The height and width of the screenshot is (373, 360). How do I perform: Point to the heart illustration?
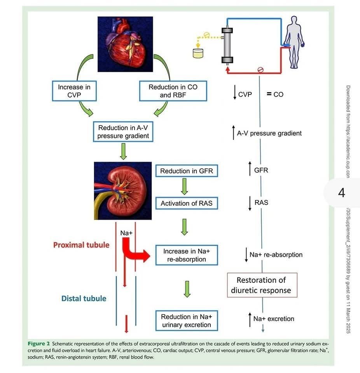[x=125, y=44]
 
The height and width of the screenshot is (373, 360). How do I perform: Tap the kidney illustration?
[x=123, y=191]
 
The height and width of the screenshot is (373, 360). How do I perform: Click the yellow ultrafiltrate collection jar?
[x=198, y=53]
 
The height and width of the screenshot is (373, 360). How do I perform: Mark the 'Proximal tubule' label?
[x=81, y=245]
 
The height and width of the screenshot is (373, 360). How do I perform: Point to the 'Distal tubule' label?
[x=84, y=298]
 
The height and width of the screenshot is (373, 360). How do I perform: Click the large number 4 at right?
[x=342, y=193]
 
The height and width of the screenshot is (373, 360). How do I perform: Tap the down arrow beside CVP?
[x=235, y=92]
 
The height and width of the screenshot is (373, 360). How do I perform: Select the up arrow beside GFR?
[x=250, y=169]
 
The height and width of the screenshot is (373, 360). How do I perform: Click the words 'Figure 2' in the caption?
[x=39, y=344]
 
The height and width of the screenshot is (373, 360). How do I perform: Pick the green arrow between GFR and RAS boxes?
[x=184, y=187]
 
